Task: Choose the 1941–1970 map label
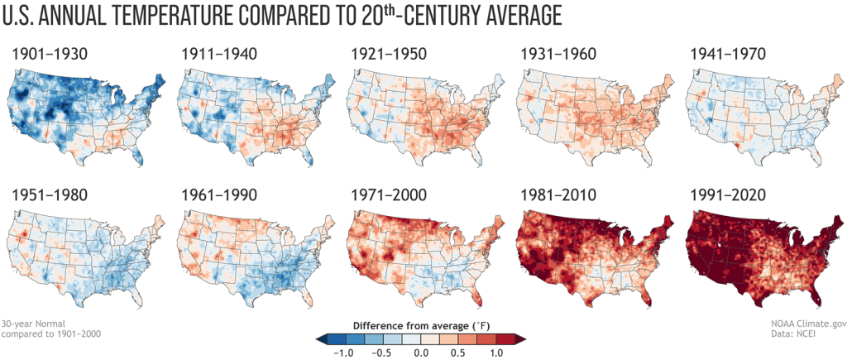tap(726, 55)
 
